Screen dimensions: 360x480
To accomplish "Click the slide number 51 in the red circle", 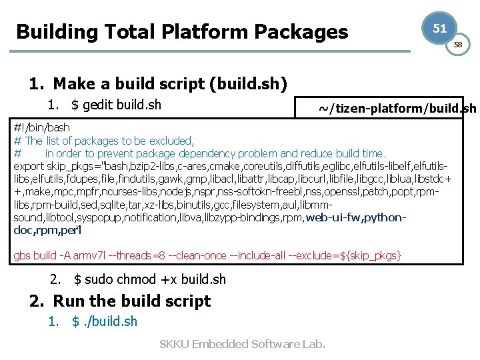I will click(439, 28).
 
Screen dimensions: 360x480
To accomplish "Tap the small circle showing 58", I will click(457, 45).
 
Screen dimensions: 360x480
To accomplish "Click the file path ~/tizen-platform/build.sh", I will click(397, 109).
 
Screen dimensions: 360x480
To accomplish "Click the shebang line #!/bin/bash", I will click(41, 127).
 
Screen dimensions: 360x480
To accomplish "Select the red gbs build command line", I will click(207, 256).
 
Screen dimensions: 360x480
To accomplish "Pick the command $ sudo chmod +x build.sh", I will click(150, 279).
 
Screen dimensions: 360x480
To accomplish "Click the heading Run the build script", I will click(131, 301).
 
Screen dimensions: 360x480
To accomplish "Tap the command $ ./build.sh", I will click(105, 321).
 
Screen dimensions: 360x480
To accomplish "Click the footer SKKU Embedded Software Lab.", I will click(242, 344).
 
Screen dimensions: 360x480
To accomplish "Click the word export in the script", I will click(29, 166).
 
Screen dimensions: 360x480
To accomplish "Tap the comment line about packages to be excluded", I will click(104, 141).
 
